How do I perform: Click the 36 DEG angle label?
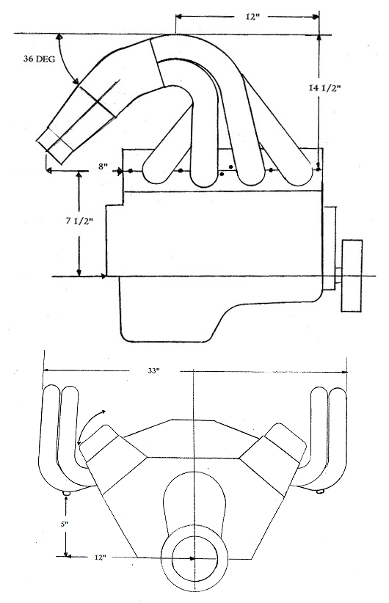(x=39, y=59)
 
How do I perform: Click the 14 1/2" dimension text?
(x=324, y=88)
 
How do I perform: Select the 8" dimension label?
(x=102, y=167)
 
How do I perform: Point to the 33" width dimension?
(x=153, y=370)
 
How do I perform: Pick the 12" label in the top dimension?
(x=252, y=17)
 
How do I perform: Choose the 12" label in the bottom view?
(x=99, y=558)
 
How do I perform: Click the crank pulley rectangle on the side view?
(x=352, y=275)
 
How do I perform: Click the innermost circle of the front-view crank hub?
(x=194, y=558)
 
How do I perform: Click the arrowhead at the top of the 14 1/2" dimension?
(x=319, y=37)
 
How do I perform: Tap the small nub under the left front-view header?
(x=67, y=493)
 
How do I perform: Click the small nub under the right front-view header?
(x=319, y=491)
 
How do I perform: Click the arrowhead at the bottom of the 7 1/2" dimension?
(x=79, y=272)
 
